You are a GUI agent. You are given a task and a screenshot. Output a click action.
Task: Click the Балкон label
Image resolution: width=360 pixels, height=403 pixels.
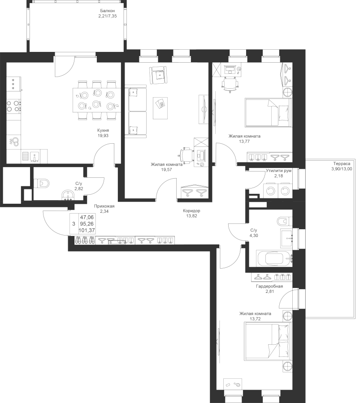(107, 11)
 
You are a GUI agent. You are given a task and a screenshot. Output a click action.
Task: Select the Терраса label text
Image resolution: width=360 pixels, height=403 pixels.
(342, 164)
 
